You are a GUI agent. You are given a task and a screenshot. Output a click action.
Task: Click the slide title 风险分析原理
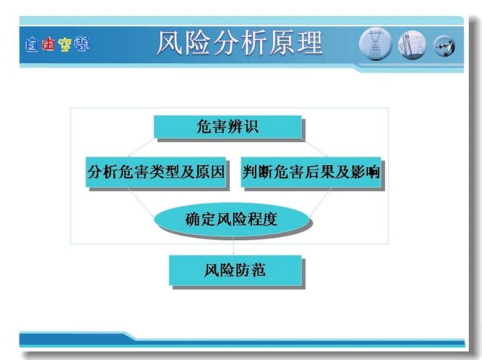point(240,43)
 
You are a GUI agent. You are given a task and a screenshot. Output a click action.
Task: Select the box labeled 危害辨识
point(227,126)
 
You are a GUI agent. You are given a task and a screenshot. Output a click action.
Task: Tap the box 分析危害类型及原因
point(156,172)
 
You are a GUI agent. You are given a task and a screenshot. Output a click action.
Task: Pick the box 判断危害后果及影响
point(311,172)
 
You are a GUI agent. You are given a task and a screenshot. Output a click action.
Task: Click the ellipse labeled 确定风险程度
point(231,219)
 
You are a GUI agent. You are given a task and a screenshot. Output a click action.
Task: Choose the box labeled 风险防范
point(235,270)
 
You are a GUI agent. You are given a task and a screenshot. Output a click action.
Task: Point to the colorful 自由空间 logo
point(57,44)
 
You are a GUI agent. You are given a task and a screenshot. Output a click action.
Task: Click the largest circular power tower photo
point(375,44)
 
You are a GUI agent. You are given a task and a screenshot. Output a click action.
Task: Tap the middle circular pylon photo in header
point(412,45)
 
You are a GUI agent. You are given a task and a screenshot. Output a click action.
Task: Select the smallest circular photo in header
point(444,46)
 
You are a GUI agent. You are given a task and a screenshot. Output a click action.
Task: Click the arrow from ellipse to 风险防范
point(233,245)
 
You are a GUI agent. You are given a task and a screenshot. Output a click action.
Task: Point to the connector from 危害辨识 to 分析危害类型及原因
point(141,147)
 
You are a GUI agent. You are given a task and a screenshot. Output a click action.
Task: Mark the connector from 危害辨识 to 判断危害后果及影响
point(314,147)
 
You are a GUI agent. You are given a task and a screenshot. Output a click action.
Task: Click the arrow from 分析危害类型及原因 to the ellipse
point(141,203)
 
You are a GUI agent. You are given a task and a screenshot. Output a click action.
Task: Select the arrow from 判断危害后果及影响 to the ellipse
point(320,203)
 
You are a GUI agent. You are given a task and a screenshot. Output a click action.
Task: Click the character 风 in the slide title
point(169,43)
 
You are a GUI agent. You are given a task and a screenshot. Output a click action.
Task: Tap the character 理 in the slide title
point(310,43)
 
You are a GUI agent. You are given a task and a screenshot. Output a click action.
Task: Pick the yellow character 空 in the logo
point(65,45)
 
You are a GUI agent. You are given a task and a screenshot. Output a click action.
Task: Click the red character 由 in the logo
point(48,44)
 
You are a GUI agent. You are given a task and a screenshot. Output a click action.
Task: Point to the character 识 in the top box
point(251,127)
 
